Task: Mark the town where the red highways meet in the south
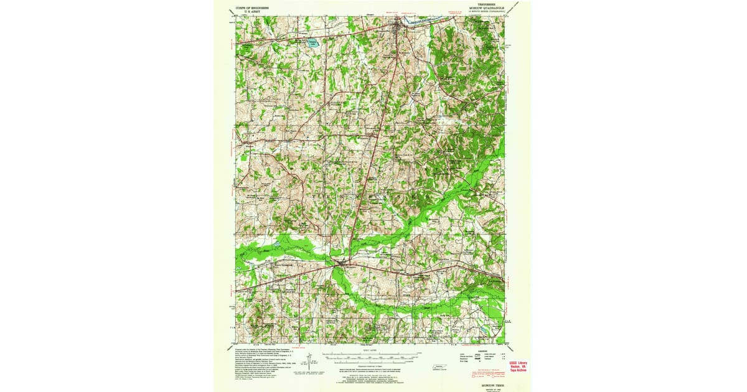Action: tap(338, 265)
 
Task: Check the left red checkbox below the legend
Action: tap(477, 375)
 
